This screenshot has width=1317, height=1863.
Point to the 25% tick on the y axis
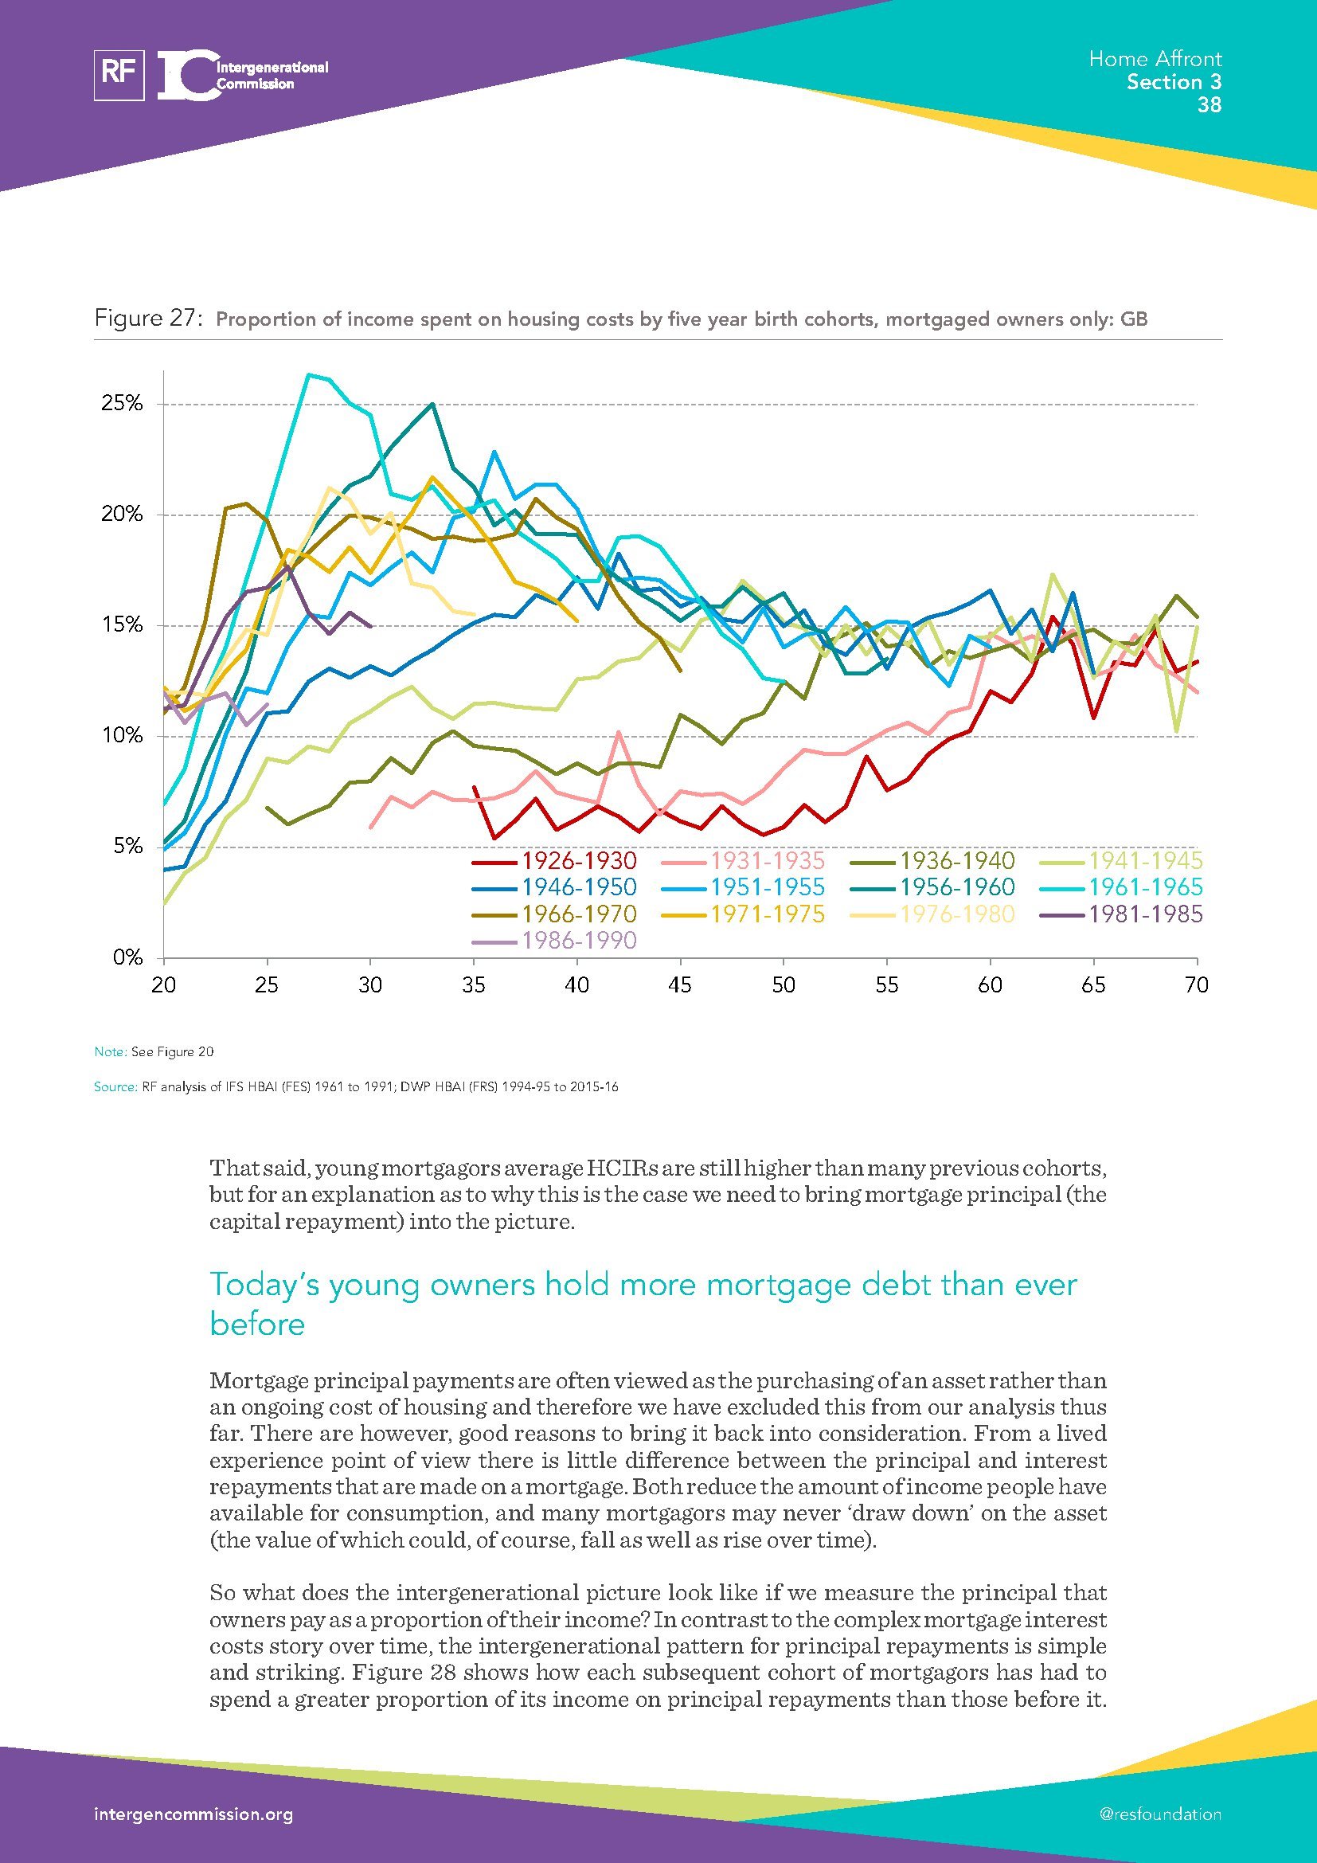[x=123, y=404]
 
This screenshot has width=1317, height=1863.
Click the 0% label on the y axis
[x=127, y=958]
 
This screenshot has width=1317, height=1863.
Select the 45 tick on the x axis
[x=679, y=985]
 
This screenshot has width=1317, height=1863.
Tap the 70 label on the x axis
[x=1196, y=985]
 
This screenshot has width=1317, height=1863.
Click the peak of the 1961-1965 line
[x=308, y=374]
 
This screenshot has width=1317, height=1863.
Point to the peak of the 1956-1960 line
[x=432, y=403]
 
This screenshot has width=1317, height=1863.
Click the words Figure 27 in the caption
[x=147, y=318]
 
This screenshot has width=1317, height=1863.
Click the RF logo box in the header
[x=119, y=75]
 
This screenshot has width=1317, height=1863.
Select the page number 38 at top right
[x=1209, y=104]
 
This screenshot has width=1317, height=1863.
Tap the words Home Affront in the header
[x=1155, y=58]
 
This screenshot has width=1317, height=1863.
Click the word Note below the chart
[x=109, y=1052]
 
